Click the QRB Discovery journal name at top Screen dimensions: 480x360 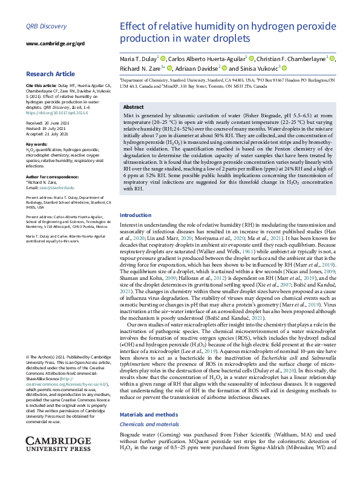(x=46, y=27)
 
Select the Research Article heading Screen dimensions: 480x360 (x=50, y=74)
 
